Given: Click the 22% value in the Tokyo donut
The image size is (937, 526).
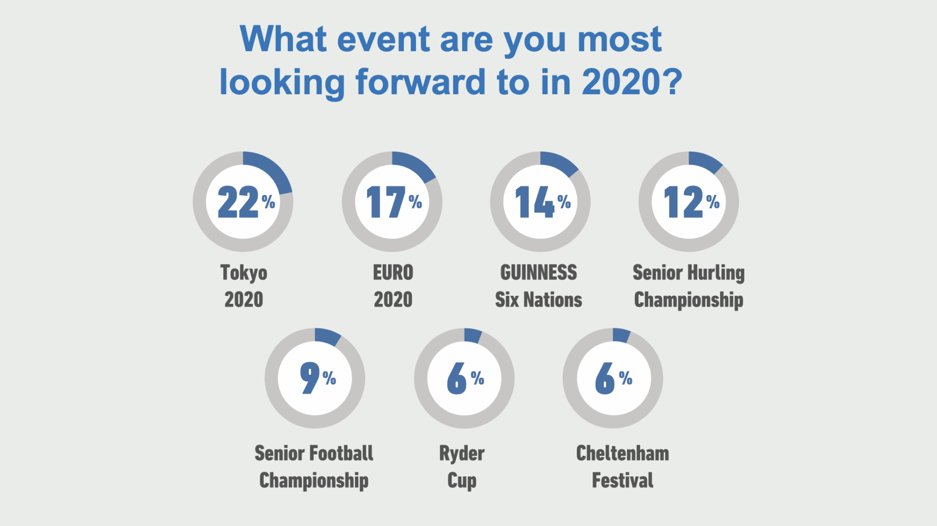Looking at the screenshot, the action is pos(246,201).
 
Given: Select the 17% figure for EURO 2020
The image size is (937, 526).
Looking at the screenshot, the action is pos(394,201).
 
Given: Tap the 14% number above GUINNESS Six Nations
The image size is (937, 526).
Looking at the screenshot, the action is pos(543,201).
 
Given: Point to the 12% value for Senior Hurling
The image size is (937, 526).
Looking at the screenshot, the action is pos(691,201).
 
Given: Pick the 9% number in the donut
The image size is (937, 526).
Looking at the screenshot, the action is pos(318,378).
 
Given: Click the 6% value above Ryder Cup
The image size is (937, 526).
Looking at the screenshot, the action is pos(465,378).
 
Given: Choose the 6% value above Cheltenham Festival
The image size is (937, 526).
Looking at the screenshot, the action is pos(614,378).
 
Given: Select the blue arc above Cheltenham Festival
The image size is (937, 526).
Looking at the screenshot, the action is pos(622,335).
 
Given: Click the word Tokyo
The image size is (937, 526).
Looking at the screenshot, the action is pos(244,273).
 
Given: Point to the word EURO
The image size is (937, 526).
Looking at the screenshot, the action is pos(393,272).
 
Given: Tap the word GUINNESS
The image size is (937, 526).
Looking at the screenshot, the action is pos(539,272).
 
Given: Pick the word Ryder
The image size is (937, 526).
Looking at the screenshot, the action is pos(462,454).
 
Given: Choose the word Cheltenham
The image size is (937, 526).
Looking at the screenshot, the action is pos(622,453).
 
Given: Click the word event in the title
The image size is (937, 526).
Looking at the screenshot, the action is pos(384,39).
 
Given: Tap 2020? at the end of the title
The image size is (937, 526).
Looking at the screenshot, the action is pos(632,82).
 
